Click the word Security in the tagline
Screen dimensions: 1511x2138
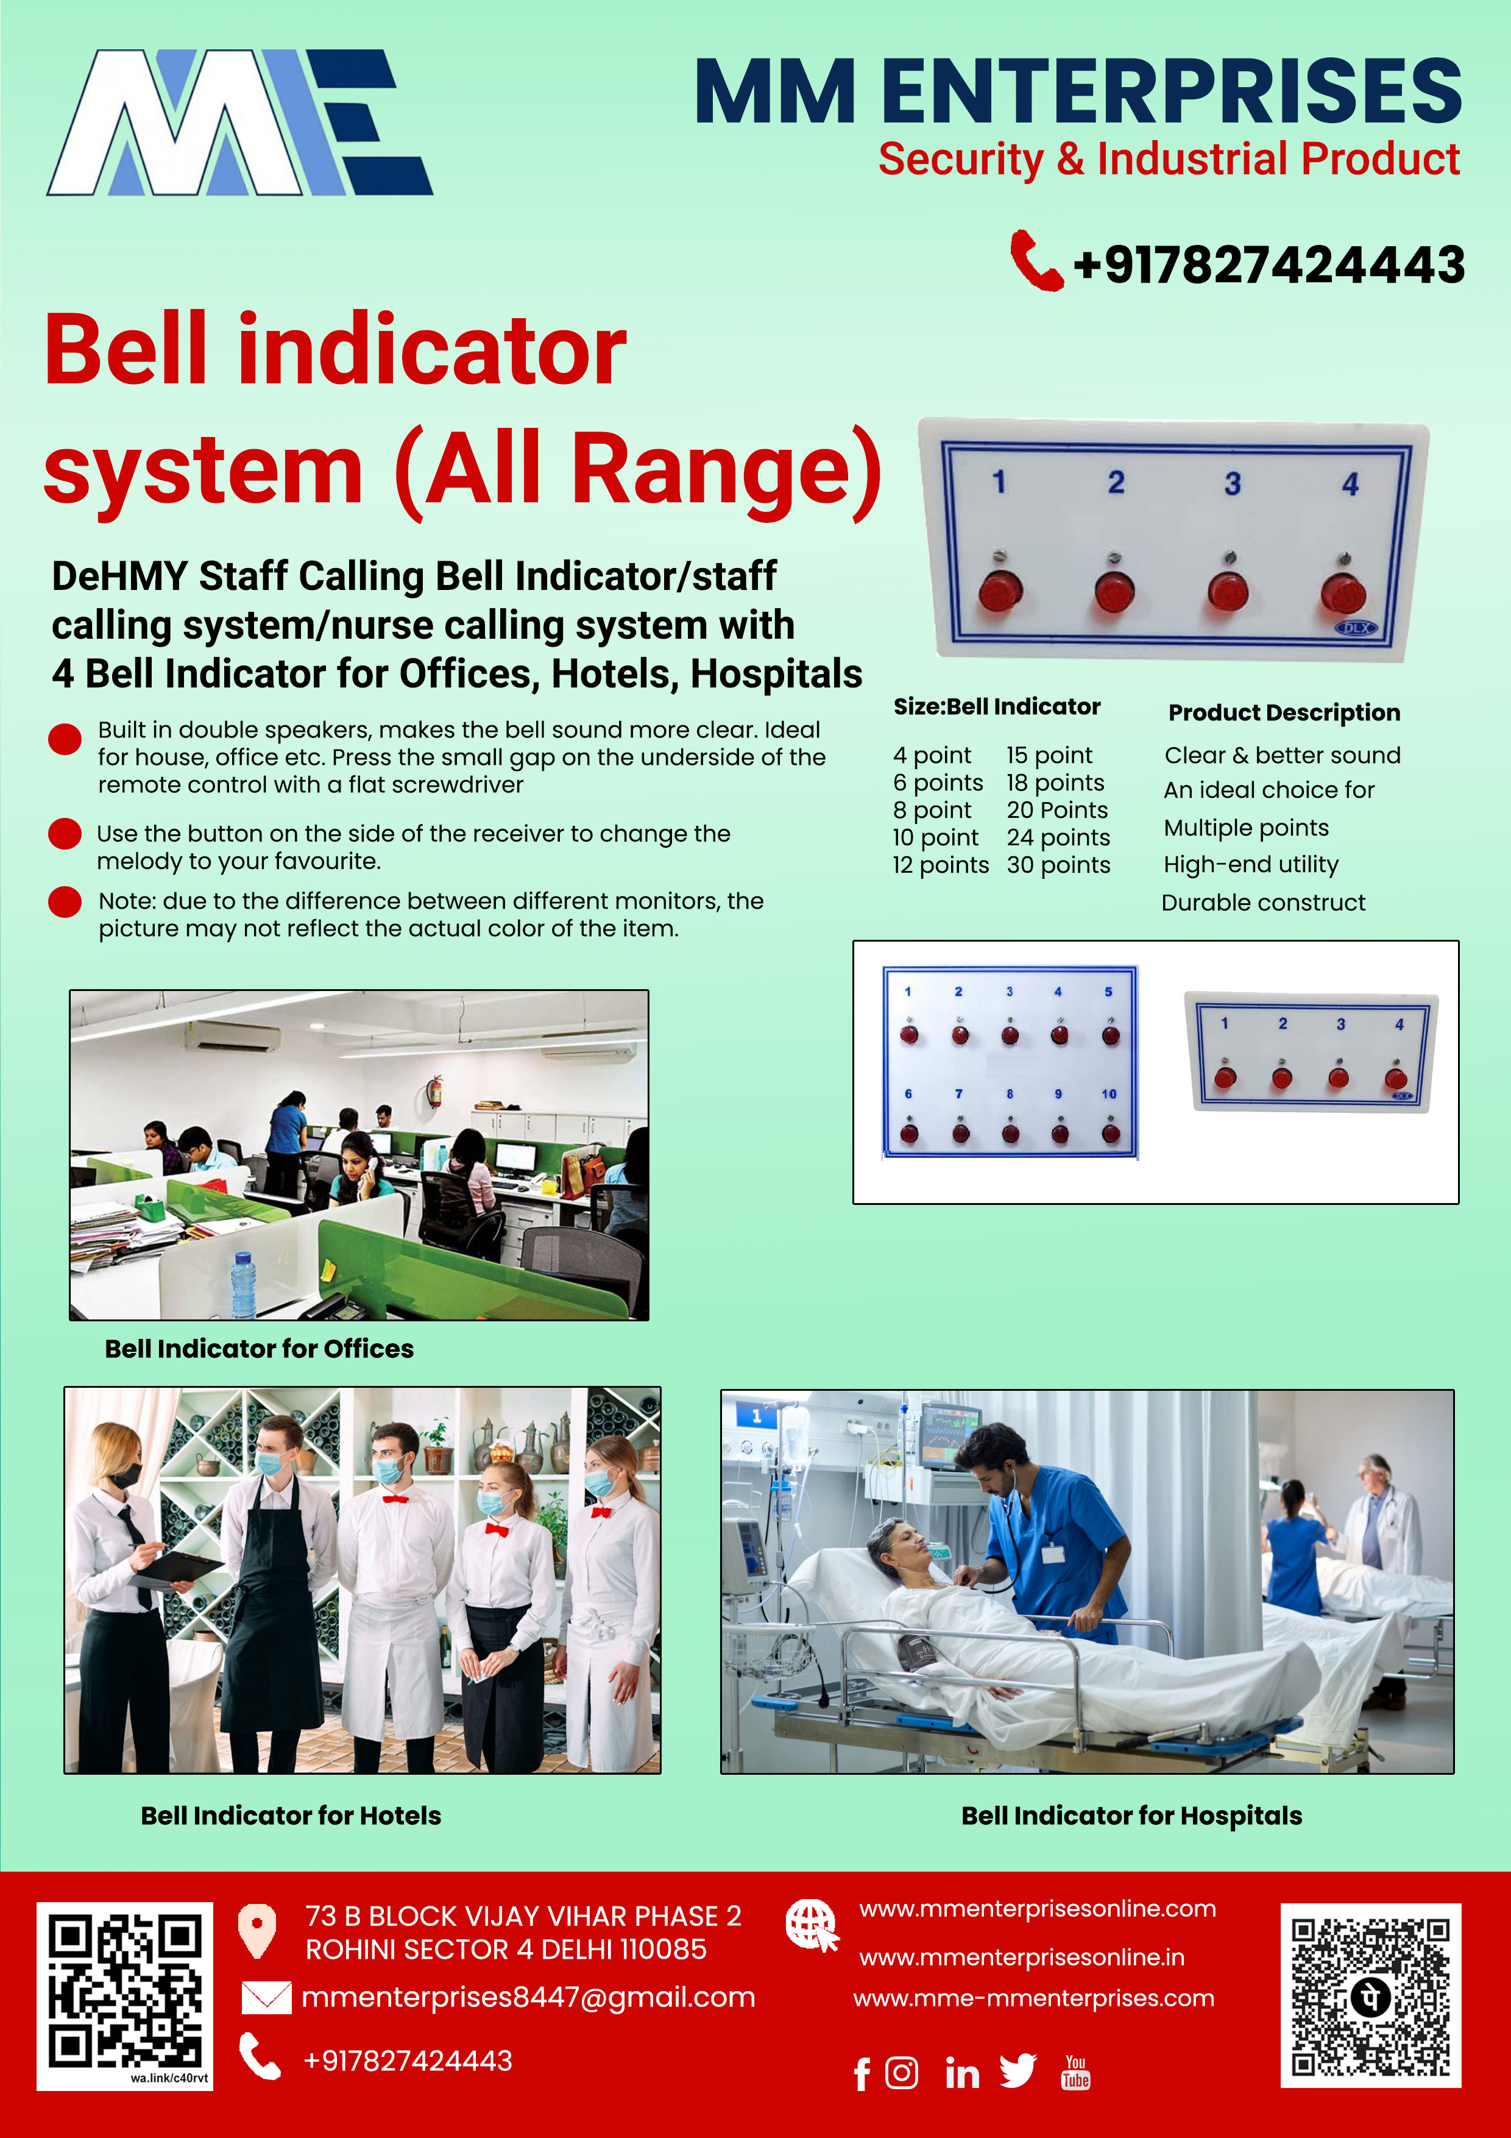pos(961,159)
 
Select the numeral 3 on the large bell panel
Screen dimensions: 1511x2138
pos(1232,483)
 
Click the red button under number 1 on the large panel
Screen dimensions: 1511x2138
pos(1000,591)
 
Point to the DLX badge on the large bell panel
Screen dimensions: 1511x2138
pos(1356,628)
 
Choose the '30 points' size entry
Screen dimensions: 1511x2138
pos(1058,865)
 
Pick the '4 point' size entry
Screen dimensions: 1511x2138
pos(932,755)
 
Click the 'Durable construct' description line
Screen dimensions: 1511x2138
pos(1264,903)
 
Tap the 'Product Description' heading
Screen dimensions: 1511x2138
pos(1284,712)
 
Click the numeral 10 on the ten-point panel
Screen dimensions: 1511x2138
pos(1109,1094)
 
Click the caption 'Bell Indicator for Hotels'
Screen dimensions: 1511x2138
pos(291,1815)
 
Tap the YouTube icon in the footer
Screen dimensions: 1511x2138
pos(1075,2073)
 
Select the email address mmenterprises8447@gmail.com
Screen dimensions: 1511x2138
pos(528,1997)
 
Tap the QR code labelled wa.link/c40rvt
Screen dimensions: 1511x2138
pos(125,1995)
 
